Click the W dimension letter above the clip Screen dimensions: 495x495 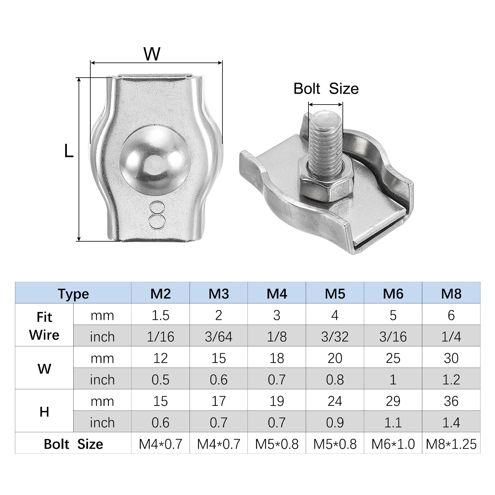pos(152,54)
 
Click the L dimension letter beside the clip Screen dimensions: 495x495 pos(69,151)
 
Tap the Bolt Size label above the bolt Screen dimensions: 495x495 pos(326,89)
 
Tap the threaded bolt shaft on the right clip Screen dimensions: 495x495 pos(326,139)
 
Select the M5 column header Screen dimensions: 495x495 pos(335,294)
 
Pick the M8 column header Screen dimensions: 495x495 pos(451,294)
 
